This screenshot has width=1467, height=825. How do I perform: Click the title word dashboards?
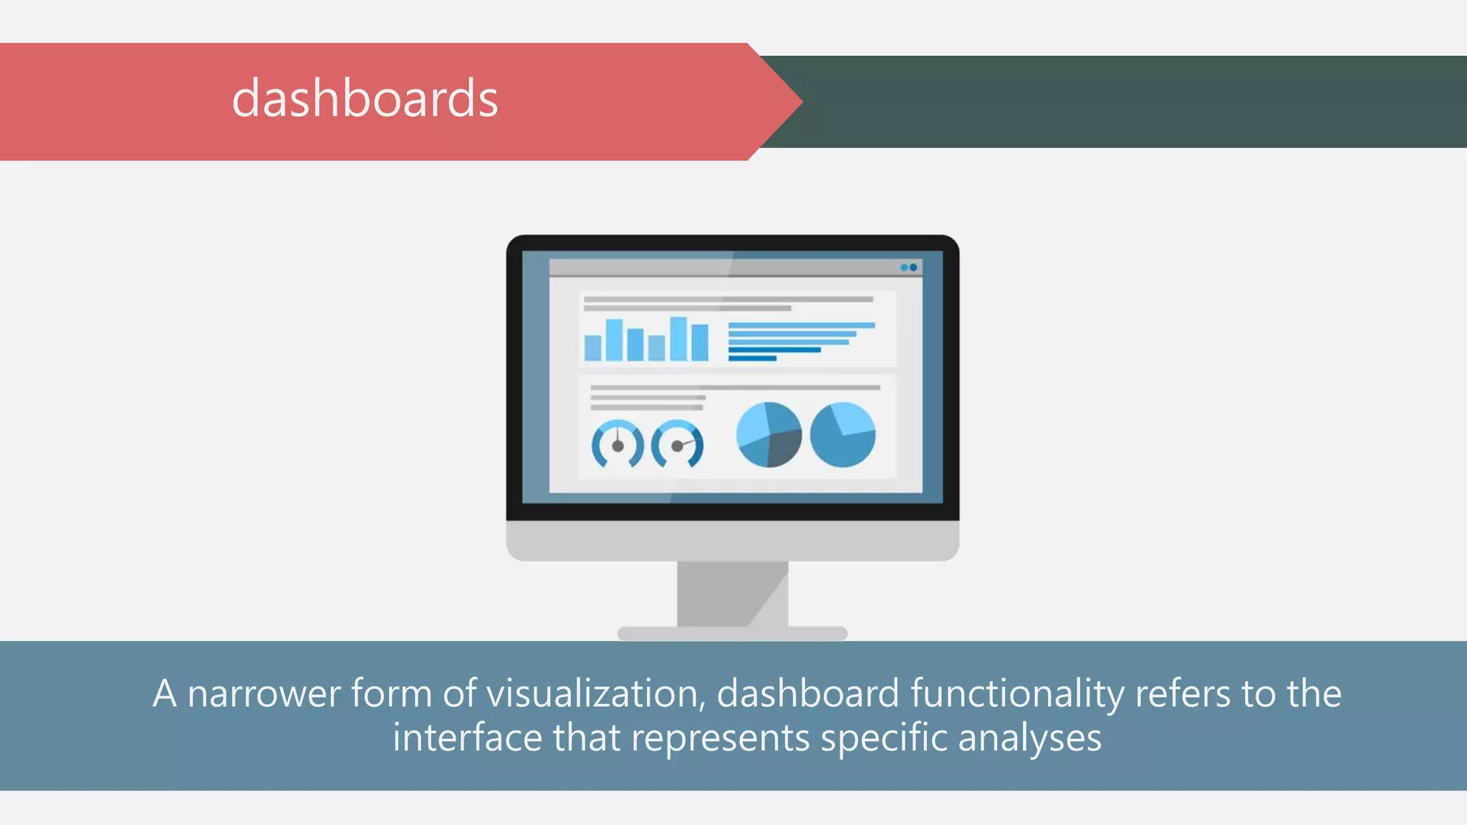(x=365, y=99)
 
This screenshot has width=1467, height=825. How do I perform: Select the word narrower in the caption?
(x=264, y=693)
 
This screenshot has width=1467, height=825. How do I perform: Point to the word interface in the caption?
(x=467, y=738)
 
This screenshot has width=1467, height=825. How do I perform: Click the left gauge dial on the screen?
(x=617, y=444)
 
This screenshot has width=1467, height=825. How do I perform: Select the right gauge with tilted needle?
(x=677, y=444)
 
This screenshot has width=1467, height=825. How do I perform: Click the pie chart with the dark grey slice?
(x=769, y=435)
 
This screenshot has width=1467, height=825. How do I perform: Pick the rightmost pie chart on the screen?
(x=842, y=435)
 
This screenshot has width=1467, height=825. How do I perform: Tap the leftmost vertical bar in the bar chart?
(x=592, y=348)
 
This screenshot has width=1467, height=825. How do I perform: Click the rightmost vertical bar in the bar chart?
(x=700, y=342)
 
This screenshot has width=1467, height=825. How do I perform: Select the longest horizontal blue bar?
(x=801, y=325)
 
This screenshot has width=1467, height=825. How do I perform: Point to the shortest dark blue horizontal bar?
(x=752, y=358)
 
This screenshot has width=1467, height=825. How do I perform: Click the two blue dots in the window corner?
(x=908, y=267)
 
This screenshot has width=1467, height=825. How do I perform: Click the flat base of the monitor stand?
(x=732, y=633)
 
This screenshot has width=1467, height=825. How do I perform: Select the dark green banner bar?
(x=1132, y=102)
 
